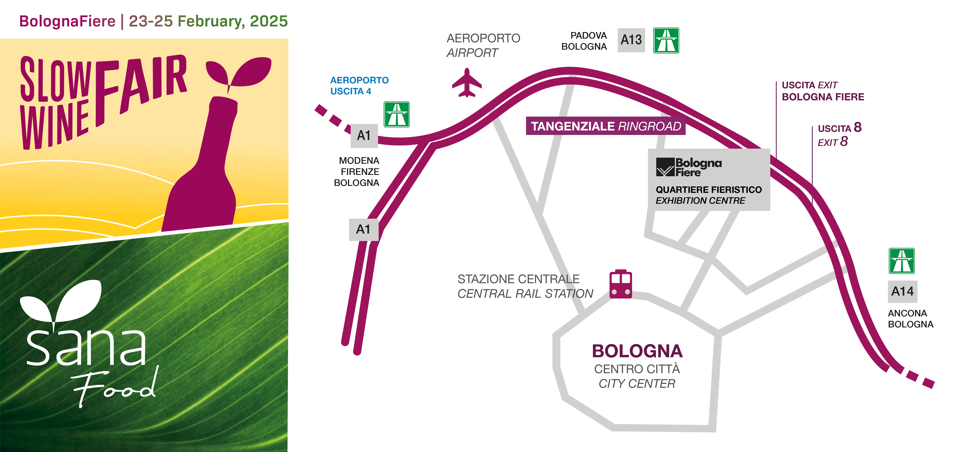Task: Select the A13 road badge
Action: click(x=631, y=40)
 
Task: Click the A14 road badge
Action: click(x=902, y=291)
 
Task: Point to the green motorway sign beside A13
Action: click(x=666, y=40)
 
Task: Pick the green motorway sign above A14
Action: click(x=902, y=261)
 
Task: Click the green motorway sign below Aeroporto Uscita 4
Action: click(x=397, y=114)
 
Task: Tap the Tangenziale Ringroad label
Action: click(x=605, y=126)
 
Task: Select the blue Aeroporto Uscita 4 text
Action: click(x=359, y=86)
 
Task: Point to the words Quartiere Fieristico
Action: click(x=709, y=190)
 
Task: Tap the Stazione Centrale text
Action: click(x=518, y=279)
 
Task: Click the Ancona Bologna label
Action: click(x=910, y=319)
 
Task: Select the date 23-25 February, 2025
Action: click(x=208, y=21)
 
